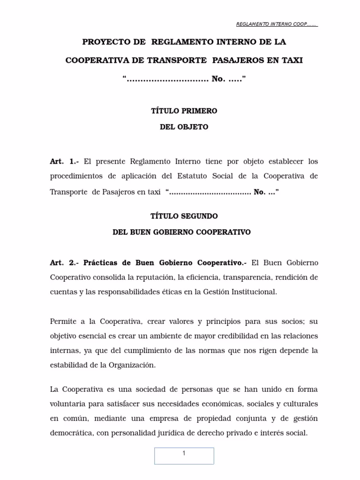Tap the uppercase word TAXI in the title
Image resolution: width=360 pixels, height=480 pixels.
click(289, 60)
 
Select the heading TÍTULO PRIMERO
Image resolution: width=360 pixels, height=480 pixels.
click(184, 111)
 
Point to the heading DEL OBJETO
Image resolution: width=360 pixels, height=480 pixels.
click(184, 127)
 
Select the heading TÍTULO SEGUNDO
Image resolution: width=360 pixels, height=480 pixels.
click(184, 216)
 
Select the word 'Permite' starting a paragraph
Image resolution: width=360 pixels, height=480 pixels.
click(63, 322)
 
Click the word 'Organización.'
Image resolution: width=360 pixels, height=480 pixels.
click(133, 365)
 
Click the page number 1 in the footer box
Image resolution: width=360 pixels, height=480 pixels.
click(184, 453)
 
